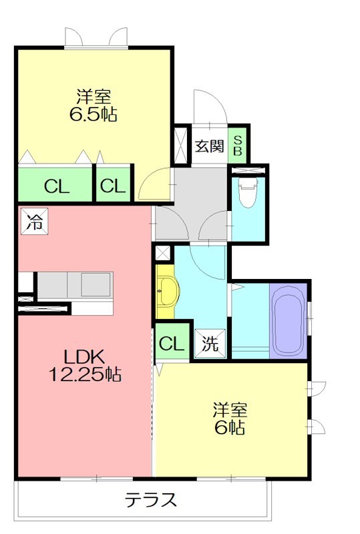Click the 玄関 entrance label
click(209, 146)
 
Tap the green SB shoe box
click(238, 146)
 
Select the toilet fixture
click(248, 193)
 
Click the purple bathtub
click(289, 321)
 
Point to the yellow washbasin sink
click(168, 292)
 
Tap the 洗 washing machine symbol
click(210, 344)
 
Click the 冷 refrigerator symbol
click(35, 222)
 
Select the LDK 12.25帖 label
click(85, 365)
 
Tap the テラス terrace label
click(150, 500)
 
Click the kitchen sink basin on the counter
click(96, 284)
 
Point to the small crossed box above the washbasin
click(162, 253)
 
